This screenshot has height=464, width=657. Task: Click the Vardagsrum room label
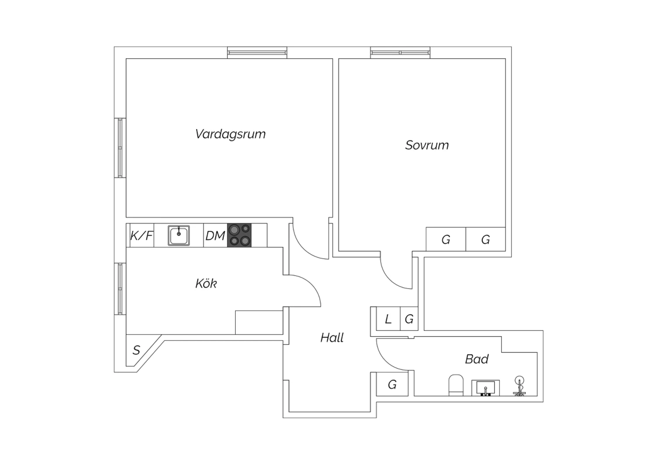[x=230, y=134]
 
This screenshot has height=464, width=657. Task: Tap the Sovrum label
[x=427, y=145]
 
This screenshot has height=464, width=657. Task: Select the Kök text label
[x=206, y=284]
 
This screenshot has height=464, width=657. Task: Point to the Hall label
[x=332, y=337]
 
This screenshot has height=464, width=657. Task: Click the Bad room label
[x=477, y=359]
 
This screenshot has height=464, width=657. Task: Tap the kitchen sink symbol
[x=179, y=236]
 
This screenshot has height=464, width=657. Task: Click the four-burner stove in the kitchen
[x=239, y=235]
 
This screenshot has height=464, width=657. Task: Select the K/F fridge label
[x=141, y=236]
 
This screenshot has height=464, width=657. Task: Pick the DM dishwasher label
[x=215, y=236]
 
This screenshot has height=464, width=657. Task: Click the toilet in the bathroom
[x=456, y=385]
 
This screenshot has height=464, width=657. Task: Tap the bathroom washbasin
[x=485, y=388]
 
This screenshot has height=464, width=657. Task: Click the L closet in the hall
[x=388, y=319]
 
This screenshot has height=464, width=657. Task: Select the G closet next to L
[x=409, y=319]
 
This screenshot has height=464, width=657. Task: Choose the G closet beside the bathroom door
[x=392, y=384]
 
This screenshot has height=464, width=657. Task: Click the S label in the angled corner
[x=136, y=350]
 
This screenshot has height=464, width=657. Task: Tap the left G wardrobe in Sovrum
[x=446, y=239]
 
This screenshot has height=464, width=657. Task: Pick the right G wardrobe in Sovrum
[x=485, y=239]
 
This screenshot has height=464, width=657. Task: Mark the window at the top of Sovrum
[x=400, y=53]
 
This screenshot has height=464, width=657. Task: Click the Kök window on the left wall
[x=120, y=288]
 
